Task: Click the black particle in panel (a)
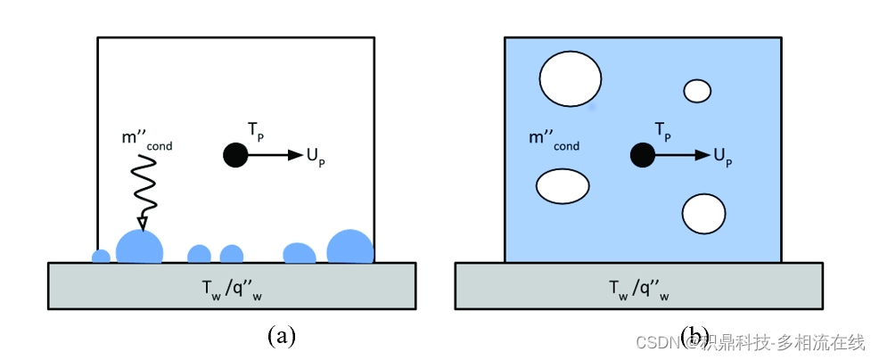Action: click(x=234, y=155)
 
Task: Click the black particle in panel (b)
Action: click(x=640, y=155)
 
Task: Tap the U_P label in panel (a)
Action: click(x=316, y=157)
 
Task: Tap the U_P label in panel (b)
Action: click(x=722, y=157)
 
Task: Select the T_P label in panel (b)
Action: click(x=662, y=132)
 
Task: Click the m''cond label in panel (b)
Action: click(x=554, y=141)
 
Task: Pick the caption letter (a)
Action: click(x=281, y=336)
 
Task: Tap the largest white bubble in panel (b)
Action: click(x=571, y=78)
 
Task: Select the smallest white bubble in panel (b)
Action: click(x=697, y=90)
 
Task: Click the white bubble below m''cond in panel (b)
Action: click(x=563, y=186)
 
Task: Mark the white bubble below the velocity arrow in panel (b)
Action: click(x=703, y=213)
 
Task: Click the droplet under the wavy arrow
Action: click(x=140, y=248)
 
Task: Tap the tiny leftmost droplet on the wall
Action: click(x=102, y=257)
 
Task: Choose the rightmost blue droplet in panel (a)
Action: click(x=350, y=247)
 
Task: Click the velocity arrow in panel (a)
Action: click(x=275, y=155)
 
